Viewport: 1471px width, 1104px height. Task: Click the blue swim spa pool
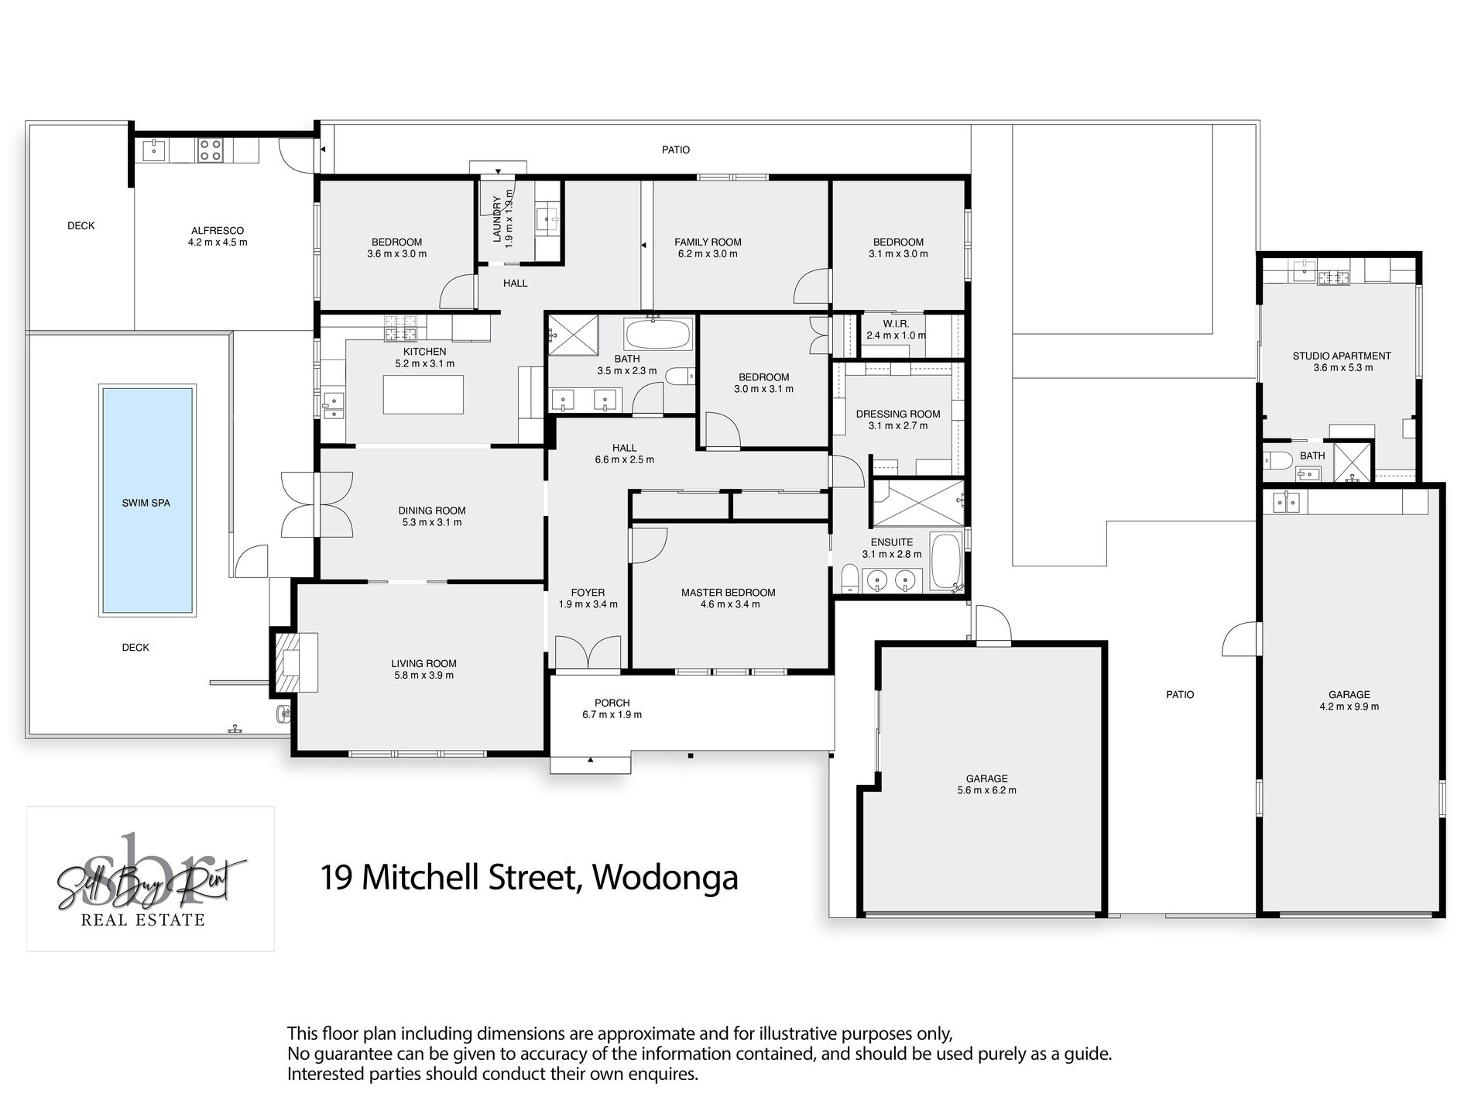[x=146, y=500]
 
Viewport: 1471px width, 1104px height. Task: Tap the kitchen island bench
[x=423, y=394]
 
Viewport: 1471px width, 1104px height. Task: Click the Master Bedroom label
[x=728, y=593]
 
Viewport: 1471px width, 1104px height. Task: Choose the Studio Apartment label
[x=1342, y=356]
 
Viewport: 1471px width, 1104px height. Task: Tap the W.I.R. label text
[x=895, y=324]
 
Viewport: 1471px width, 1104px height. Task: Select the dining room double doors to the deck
[x=317, y=504]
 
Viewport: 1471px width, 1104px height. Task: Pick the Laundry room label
[x=497, y=218]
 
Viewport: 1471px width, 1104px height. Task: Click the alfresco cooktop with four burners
[x=210, y=150]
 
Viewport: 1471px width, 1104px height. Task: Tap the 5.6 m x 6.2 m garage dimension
[x=986, y=790]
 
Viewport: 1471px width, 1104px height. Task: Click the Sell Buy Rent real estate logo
[x=150, y=879]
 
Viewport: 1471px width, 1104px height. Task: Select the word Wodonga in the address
[x=665, y=878]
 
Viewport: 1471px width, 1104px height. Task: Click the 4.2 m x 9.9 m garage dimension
[x=1349, y=707]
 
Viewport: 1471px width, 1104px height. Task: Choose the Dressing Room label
[x=898, y=414]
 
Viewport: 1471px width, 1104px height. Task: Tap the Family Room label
[x=708, y=242]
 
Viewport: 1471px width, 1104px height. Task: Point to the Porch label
[x=612, y=703]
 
